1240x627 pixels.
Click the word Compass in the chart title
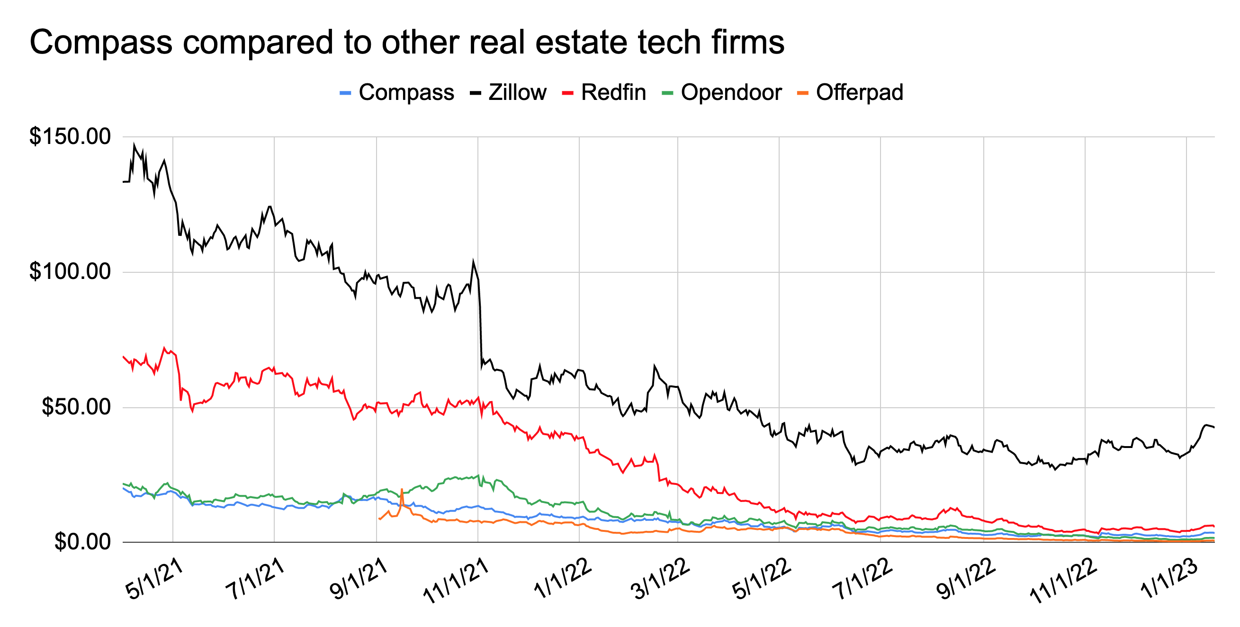101,42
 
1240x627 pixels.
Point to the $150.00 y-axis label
70,136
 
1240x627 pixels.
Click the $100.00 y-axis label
70,271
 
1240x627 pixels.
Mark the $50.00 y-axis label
76,407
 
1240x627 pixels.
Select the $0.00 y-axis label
82,542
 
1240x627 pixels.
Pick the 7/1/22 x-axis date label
863,580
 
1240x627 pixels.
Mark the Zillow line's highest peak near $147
135,144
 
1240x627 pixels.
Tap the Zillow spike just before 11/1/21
473,261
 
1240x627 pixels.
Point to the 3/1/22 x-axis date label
660,580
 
